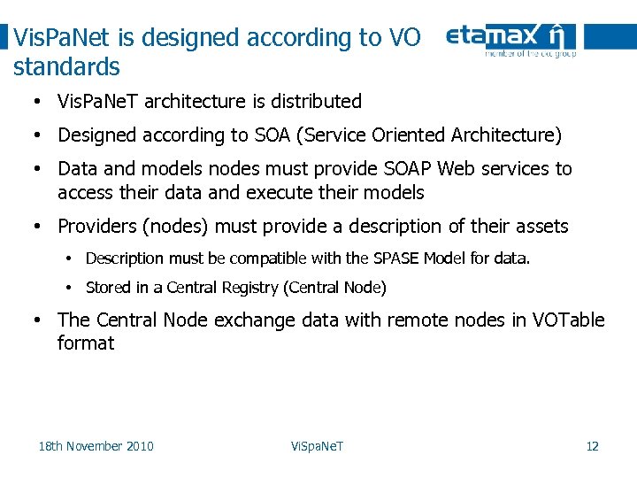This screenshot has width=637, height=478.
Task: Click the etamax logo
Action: pos(510,40)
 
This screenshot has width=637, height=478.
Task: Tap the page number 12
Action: pos(592,446)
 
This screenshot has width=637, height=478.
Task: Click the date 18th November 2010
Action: pos(96,446)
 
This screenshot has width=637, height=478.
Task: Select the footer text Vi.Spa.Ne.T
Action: pos(317,446)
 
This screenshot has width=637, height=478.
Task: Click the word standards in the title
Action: pos(67,67)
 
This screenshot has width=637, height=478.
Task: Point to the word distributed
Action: pos(318,102)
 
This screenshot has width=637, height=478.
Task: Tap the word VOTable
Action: pos(569,320)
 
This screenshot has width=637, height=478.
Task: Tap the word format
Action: pos(86,343)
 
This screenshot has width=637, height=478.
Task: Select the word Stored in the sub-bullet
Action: pos(106,288)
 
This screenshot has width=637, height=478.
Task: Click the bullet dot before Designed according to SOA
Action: pos(38,136)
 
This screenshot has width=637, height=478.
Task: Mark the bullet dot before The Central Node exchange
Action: pos(38,320)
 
